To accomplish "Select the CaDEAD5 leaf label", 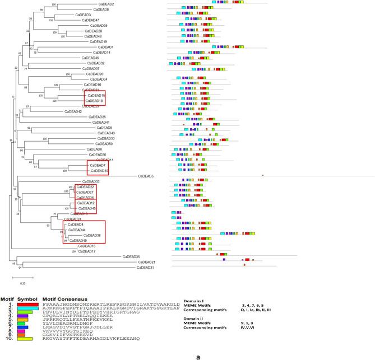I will click(x=146, y=176).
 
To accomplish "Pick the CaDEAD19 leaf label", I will click(x=99, y=41).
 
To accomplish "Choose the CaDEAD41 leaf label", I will click(x=101, y=122).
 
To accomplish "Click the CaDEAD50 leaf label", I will click(x=105, y=144).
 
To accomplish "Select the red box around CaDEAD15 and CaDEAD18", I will click(x=93, y=98).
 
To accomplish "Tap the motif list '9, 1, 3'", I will click(x=252, y=322).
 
